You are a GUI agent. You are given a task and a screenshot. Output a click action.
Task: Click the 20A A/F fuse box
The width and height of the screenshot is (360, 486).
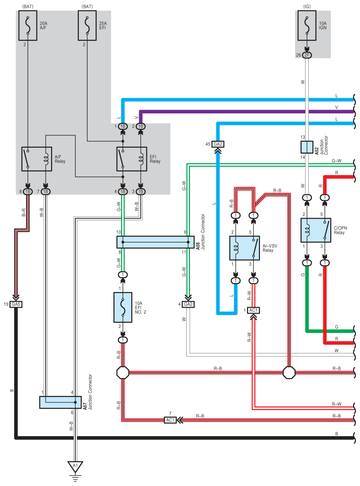pyautogui.click(x=28, y=26)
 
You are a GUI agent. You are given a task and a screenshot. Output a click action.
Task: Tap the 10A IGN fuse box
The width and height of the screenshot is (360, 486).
pyautogui.click(x=306, y=26)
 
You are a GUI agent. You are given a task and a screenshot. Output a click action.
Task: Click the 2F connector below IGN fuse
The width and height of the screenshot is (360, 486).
pyautogui.click(x=306, y=55)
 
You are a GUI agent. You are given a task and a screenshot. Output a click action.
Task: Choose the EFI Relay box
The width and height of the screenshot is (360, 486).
pyautogui.click(x=132, y=159)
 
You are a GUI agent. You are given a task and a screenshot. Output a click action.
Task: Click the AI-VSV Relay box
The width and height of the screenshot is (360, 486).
pyautogui.click(x=244, y=248)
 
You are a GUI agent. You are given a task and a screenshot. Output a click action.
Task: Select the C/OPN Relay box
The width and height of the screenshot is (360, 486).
pyautogui.click(x=316, y=230)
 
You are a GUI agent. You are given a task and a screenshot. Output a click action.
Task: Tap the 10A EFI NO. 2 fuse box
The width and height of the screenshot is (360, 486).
pyautogui.click(x=123, y=307)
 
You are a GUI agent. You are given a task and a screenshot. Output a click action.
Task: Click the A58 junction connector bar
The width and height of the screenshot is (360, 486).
pyautogui.click(x=156, y=242)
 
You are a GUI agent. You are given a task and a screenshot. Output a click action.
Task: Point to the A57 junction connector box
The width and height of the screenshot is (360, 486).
pyautogui.click(x=60, y=402)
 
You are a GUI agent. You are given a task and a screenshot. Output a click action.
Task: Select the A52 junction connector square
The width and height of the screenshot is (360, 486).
pyautogui.click(x=306, y=147)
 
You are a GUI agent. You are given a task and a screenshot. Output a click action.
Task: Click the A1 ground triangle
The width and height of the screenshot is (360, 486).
pyautogui.click(x=75, y=467)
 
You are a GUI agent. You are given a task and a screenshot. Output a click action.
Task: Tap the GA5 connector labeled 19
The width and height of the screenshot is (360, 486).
pyautogui.click(x=16, y=304)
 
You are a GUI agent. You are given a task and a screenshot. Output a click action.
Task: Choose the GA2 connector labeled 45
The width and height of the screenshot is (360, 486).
pyautogui.click(x=217, y=144)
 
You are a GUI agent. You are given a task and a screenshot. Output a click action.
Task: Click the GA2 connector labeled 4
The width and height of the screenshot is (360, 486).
pyautogui.click(x=188, y=304)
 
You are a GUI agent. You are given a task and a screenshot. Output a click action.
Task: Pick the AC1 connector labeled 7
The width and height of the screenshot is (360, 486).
pyautogui.click(x=170, y=420)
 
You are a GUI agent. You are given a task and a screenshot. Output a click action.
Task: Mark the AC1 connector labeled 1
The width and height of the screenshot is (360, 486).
pyautogui.click(x=253, y=310)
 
